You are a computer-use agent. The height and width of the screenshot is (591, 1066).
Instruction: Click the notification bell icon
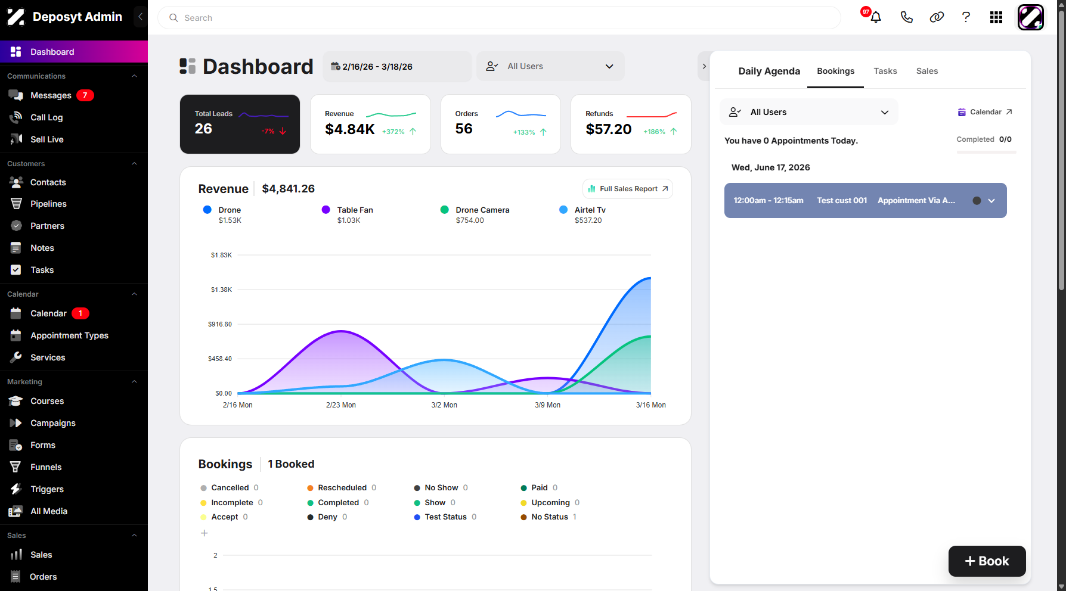876,17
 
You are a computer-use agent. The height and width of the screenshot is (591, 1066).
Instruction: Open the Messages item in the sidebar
51,95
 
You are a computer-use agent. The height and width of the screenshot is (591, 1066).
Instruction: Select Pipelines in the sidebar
48,204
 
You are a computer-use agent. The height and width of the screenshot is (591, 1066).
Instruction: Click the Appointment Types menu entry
69,335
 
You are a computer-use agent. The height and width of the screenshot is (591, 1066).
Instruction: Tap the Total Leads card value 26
203,129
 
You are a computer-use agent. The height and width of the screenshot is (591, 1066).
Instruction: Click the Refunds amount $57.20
608,129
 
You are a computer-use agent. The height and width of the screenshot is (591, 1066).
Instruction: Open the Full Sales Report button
628,189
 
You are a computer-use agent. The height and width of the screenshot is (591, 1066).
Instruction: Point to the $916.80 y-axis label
220,324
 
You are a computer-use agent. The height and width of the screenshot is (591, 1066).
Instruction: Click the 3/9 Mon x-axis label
547,405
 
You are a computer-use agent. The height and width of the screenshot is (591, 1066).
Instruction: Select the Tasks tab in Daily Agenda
885,71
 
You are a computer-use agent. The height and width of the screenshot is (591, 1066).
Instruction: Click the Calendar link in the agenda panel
985,112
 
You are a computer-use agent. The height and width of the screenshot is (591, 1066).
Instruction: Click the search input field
499,18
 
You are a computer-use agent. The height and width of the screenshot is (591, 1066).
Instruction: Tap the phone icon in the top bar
906,17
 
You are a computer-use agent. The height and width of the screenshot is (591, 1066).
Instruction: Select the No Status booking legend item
549,517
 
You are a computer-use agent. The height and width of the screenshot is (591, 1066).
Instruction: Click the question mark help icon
966,17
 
